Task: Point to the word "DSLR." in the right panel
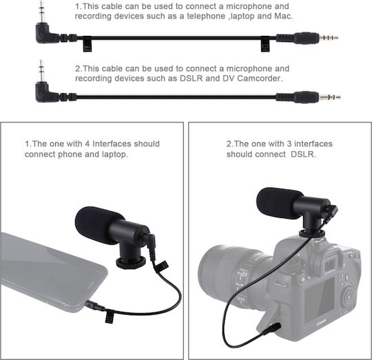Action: [x=303, y=154]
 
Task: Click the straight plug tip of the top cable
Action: [x=329, y=37]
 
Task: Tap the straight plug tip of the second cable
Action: [x=330, y=97]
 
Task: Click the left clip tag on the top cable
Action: [x=87, y=44]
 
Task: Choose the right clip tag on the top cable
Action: [x=265, y=44]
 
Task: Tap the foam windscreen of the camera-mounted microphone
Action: [x=279, y=203]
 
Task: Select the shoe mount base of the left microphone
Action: [x=131, y=262]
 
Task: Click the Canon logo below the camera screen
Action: [x=322, y=323]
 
